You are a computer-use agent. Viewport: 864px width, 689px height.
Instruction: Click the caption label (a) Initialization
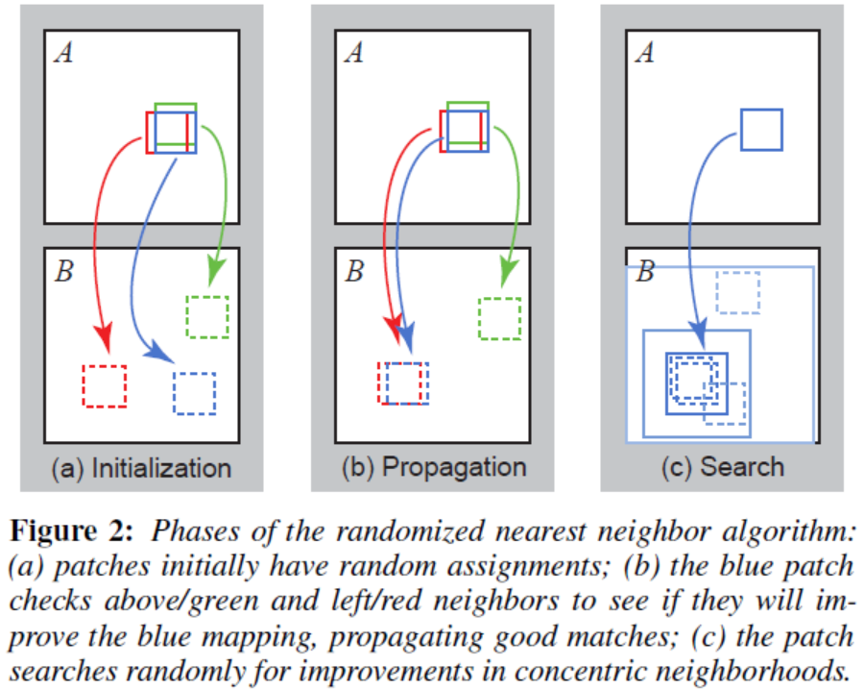coord(141,468)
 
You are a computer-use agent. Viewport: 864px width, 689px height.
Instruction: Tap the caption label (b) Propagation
coord(434,468)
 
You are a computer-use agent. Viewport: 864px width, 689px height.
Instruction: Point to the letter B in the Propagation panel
coord(354,273)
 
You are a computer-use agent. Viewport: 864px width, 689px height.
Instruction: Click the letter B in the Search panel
coord(645,273)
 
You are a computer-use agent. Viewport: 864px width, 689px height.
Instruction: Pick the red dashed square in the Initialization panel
coord(104,385)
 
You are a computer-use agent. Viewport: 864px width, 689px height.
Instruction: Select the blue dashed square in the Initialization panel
coord(194,393)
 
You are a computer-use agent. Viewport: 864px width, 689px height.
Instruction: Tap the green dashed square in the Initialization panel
coord(207,317)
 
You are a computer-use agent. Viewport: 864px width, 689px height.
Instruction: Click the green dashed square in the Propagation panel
coord(500,318)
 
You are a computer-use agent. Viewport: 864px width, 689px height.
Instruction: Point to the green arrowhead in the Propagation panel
coord(501,273)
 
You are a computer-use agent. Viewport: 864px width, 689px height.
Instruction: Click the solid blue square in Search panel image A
coord(761,130)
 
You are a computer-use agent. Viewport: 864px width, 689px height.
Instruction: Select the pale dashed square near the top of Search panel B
coord(738,292)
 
